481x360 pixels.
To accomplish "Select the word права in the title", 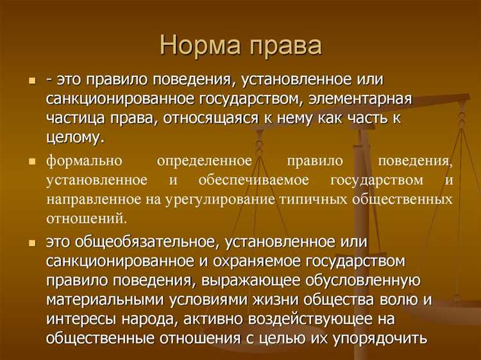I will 284,47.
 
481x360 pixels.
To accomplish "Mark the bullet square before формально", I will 31,161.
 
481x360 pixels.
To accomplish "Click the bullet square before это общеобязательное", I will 31,243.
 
